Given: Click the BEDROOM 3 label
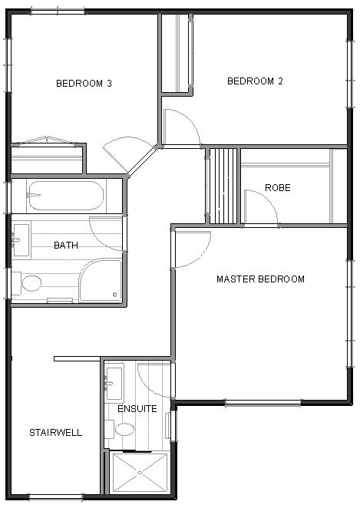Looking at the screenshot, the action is point(84,84).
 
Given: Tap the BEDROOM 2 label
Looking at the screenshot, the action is point(255,81).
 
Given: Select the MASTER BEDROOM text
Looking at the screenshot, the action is point(260,279).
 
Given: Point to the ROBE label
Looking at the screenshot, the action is point(278,187).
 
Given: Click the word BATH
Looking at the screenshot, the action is point(66,246).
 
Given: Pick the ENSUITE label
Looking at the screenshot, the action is point(137,409).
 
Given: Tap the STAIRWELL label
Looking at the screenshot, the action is point(56,433).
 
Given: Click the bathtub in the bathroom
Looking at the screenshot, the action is point(65,196).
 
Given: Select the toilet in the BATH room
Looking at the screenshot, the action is point(27,283).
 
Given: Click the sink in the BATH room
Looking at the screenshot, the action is point(21,240).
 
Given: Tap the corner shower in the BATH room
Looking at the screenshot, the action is point(101,279).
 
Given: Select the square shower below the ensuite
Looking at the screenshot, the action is point(140,473).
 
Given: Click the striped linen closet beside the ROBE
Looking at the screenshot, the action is point(223,186).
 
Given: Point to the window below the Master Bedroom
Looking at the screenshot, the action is point(263,403).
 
